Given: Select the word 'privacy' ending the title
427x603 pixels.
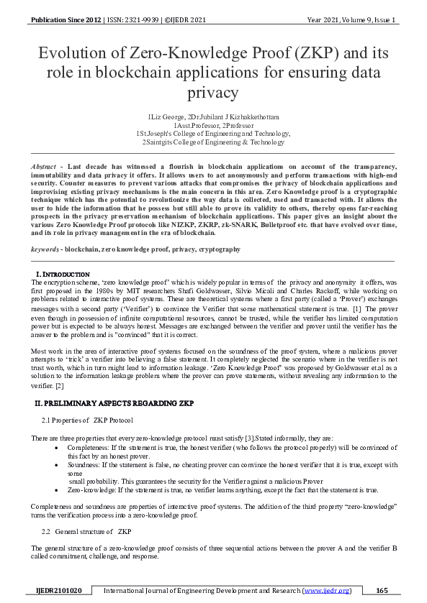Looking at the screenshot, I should click(x=213, y=93).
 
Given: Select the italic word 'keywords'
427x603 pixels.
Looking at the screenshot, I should click(x=45, y=249).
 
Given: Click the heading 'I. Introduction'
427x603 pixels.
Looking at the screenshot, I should click(x=63, y=275).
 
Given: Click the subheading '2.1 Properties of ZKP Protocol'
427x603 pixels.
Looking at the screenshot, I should click(x=87, y=420).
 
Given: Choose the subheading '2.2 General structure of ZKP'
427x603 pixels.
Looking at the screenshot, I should click(x=87, y=531).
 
